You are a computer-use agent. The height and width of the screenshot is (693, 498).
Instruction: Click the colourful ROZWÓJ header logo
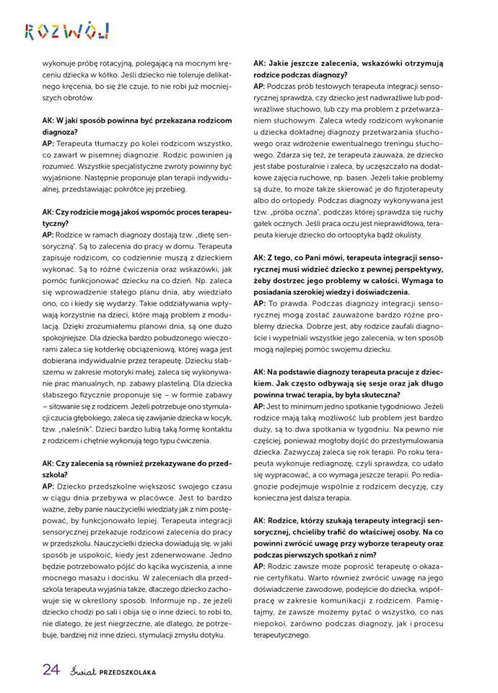point(66,30)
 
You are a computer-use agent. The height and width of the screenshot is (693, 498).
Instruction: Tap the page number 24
point(50,668)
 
